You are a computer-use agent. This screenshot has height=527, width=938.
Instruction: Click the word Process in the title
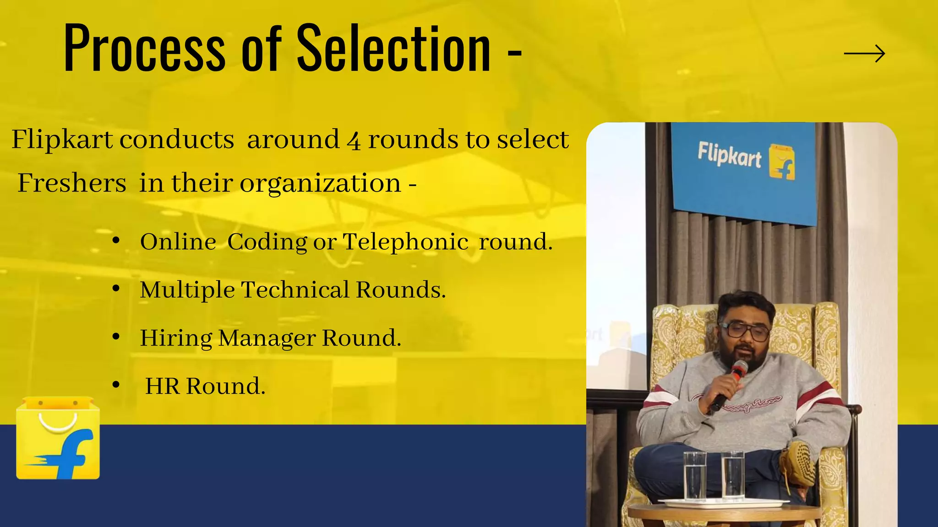point(144,49)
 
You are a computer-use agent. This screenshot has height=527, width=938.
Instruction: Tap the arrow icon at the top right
point(864,54)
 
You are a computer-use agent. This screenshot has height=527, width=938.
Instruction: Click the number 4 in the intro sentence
point(354,140)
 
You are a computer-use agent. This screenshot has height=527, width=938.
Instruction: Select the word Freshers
point(72,183)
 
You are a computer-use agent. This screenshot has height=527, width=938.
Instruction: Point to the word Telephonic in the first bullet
point(405,242)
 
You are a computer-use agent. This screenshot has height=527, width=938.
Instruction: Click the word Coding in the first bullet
point(267,242)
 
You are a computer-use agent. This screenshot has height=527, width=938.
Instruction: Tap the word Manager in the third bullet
point(267,339)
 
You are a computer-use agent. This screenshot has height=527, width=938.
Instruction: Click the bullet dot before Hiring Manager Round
point(116,337)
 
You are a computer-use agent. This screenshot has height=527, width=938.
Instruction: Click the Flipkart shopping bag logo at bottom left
point(58,439)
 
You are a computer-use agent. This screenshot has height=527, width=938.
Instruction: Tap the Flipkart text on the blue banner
point(729,156)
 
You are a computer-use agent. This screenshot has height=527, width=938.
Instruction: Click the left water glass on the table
point(694,476)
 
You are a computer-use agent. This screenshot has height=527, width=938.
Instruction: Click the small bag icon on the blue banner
point(781,162)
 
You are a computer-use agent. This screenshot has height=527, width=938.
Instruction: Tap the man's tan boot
point(799,462)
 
